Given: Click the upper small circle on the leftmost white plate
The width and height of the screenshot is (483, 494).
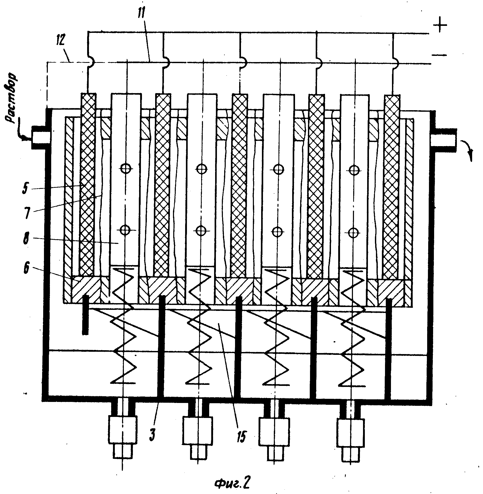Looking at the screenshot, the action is pyautogui.click(x=125, y=169).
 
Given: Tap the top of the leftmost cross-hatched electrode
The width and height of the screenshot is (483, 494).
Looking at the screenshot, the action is pyautogui.click(x=89, y=94).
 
